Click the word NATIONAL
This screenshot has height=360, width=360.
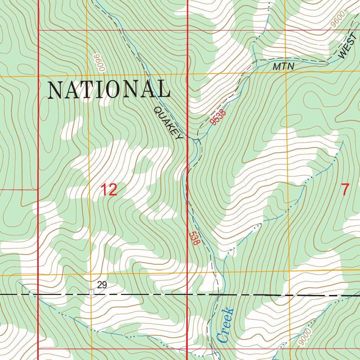(x=109, y=89)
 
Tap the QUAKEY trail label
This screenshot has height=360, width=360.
(x=168, y=123)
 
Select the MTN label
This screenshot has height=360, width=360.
(x=283, y=67)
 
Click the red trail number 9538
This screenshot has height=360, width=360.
(x=218, y=117)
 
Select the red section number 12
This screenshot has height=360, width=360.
(x=109, y=190)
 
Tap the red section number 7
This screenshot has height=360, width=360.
(x=346, y=190)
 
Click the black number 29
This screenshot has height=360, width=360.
(x=102, y=285)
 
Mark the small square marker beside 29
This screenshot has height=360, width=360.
(x=91, y=292)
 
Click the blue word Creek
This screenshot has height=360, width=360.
(x=225, y=325)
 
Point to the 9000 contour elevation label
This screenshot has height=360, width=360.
(x=304, y=337)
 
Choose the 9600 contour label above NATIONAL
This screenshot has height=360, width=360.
(x=99, y=63)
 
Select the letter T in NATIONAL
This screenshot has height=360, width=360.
(x=86, y=89)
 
